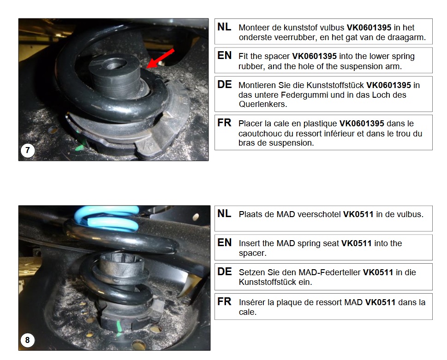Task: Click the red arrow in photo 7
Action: point(160,59)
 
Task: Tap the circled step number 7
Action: point(28,150)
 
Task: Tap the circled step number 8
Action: point(27,340)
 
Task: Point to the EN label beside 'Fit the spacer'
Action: point(224,55)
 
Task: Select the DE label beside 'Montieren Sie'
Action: point(224,84)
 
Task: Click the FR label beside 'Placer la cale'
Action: point(224,123)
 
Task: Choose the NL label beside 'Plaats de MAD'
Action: point(224,213)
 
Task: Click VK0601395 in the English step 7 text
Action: point(314,56)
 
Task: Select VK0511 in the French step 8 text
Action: point(380,302)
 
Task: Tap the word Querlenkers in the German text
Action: point(262,104)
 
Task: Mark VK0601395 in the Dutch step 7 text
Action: point(369,27)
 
